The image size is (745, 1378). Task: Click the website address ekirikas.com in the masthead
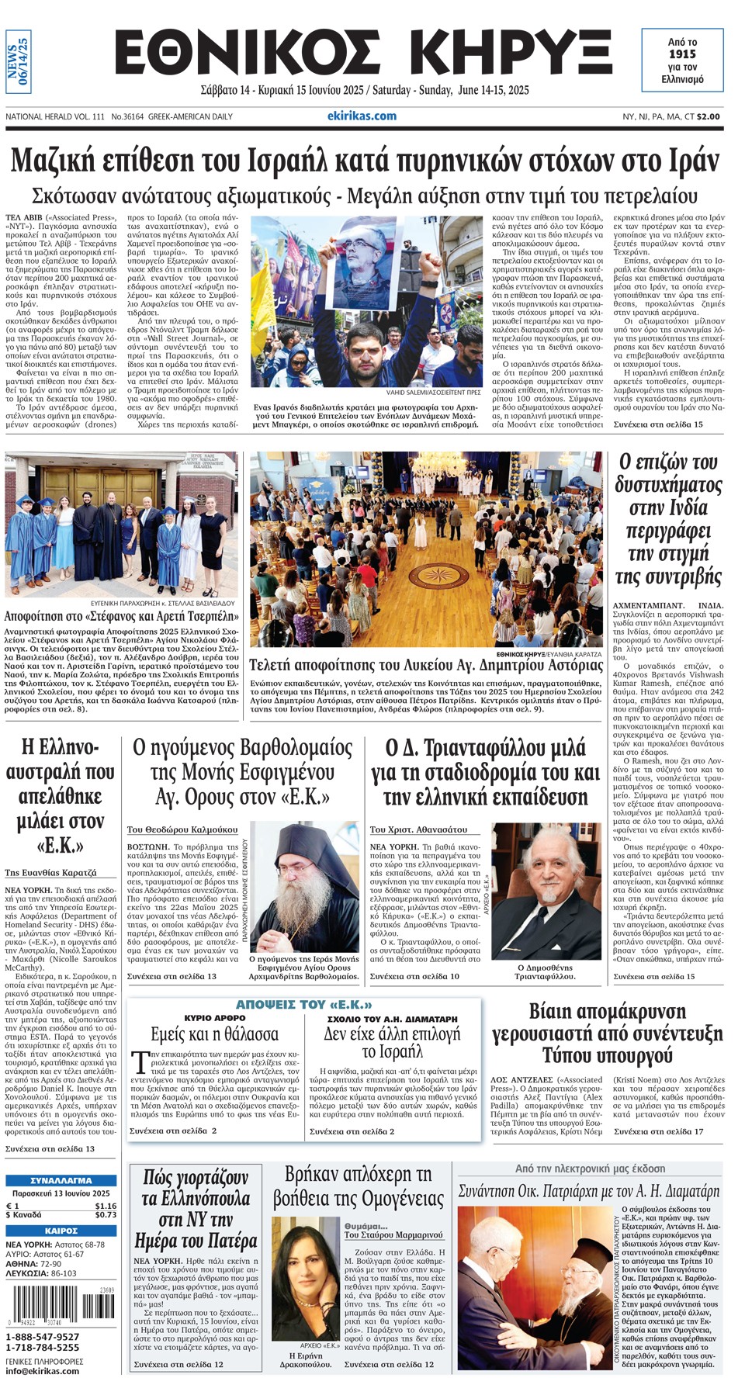coord(362,116)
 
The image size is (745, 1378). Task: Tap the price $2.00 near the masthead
coord(707,116)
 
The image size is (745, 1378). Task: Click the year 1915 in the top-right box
coord(682,54)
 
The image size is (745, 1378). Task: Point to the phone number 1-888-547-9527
coord(43,1337)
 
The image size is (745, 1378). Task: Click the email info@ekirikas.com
coord(42,1370)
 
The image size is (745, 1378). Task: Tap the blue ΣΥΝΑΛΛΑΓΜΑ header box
coord(61,1180)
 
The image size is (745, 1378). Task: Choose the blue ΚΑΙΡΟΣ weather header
coord(61,1231)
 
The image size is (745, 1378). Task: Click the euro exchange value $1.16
coord(106,1206)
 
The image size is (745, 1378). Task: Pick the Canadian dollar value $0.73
coord(106,1214)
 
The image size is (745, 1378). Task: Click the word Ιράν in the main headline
coord(691,161)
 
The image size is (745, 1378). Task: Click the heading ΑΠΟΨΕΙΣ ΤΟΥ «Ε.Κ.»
coord(303,1005)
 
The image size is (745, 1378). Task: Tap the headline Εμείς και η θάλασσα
coord(214,1034)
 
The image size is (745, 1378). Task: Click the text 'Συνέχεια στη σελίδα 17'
coord(658,1131)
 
